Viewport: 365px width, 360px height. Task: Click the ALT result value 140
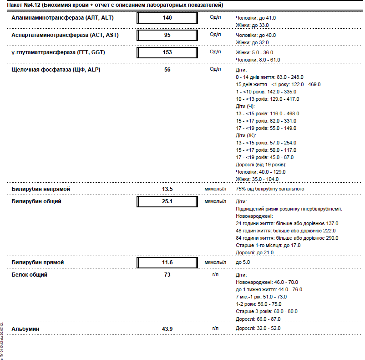click(167, 18)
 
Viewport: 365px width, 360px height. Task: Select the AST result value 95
click(167, 35)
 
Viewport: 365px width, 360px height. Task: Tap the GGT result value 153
click(167, 52)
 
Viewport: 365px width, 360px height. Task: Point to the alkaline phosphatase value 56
click(167, 70)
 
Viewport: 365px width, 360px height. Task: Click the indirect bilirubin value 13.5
click(167, 189)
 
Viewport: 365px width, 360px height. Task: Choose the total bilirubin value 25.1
click(167, 201)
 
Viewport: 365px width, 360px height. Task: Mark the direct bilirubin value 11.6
click(167, 263)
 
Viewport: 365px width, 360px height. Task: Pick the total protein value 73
click(167, 275)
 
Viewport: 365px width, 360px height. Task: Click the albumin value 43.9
click(167, 329)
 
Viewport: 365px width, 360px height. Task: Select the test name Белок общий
click(29, 275)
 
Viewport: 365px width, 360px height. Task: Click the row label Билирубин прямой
click(37, 263)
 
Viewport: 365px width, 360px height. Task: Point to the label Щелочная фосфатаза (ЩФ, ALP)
click(52, 70)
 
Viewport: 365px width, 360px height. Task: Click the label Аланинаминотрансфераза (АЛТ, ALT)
click(62, 18)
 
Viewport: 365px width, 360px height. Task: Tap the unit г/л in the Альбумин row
click(216, 328)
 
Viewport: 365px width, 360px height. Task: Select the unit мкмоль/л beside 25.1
click(215, 201)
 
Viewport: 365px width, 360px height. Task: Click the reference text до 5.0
click(243, 262)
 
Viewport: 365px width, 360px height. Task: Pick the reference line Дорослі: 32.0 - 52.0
click(258, 328)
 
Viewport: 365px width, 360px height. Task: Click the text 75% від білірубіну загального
click(269, 189)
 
